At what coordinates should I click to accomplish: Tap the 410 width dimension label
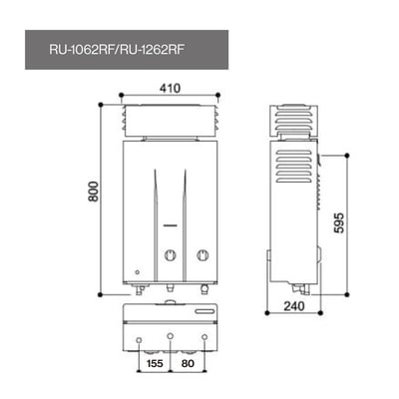point(170,87)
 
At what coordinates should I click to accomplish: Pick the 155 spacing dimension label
point(155,365)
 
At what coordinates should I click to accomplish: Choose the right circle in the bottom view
point(203,336)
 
